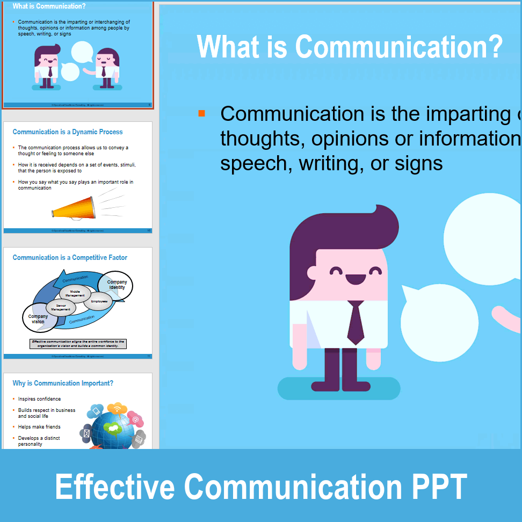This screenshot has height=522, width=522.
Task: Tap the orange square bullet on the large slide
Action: click(201, 113)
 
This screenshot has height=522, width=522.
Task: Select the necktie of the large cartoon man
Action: click(356, 322)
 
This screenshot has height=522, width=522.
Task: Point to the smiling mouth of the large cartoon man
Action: click(356, 279)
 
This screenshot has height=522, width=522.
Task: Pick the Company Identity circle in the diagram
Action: click(117, 285)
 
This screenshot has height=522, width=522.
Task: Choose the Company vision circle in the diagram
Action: click(38, 319)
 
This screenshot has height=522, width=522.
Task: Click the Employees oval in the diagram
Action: click(99, 301)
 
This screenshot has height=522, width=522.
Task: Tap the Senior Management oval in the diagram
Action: click(61, 307)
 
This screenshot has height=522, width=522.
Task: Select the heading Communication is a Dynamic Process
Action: click(68, 132)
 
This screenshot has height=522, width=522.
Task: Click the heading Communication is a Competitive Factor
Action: click(70, 257)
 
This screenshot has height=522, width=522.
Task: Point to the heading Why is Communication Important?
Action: click(63, 383)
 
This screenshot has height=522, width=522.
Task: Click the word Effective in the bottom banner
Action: click(115, 487)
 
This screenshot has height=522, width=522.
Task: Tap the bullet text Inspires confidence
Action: click(39, 399)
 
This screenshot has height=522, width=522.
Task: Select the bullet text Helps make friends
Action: click(39, 427)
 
